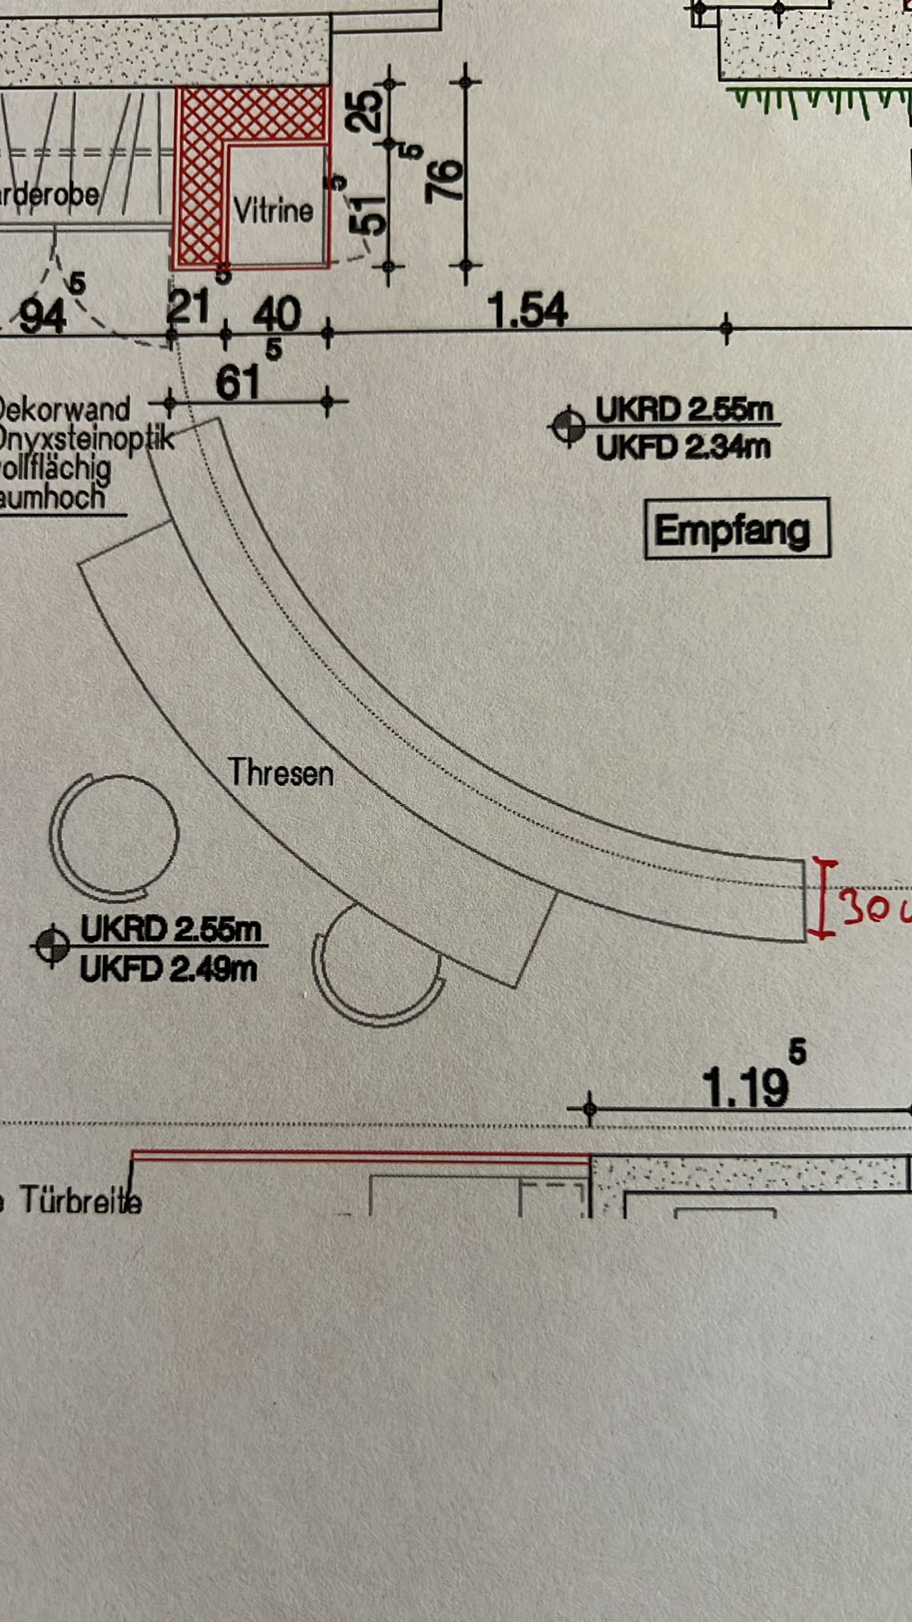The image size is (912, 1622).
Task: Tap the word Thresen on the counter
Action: tap(281, 772)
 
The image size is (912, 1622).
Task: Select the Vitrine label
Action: tap(273, 211)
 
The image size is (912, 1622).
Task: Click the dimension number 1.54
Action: tap(528, 310)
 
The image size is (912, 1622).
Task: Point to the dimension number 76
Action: tap(445, 181)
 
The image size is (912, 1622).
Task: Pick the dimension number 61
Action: tap(237, 383)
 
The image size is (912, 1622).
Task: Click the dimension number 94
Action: tap(43, 317)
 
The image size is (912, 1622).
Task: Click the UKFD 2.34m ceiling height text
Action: tap(682, 448)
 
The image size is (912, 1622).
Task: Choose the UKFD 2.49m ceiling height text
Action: tap(169, 969)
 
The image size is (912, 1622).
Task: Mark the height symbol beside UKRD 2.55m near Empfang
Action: tap(567, 428)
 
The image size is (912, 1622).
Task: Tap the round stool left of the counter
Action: tap(115, 835)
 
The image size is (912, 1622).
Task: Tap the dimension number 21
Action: tap(188, 307)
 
